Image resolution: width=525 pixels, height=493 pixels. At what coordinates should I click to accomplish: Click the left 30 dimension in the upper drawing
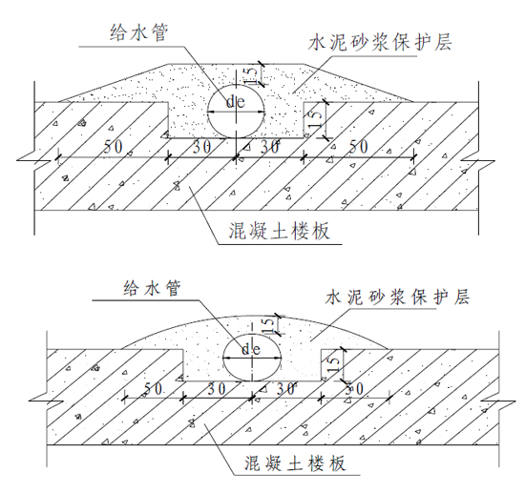(x=201, y=147)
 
